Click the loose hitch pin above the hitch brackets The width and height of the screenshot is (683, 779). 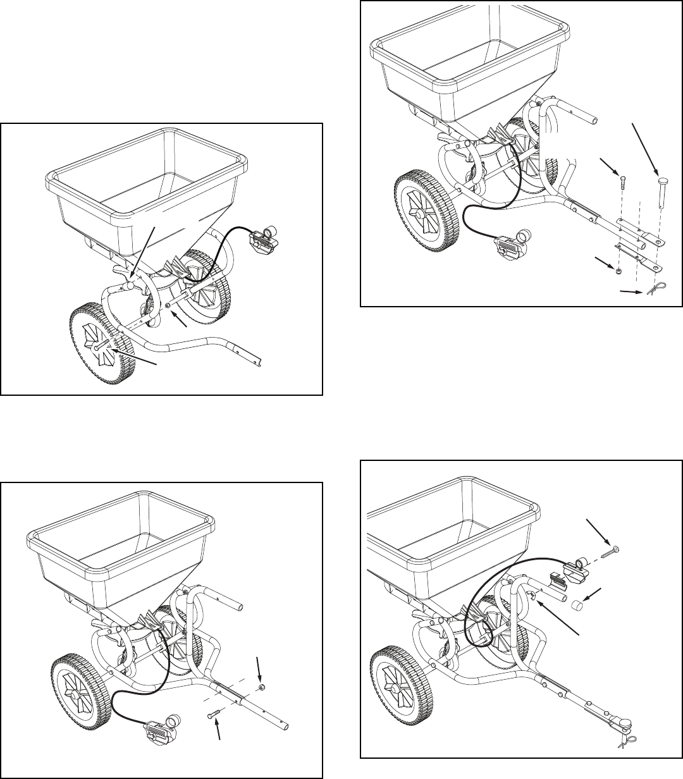[661, 190]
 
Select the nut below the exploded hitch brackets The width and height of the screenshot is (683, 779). [617, 270]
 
